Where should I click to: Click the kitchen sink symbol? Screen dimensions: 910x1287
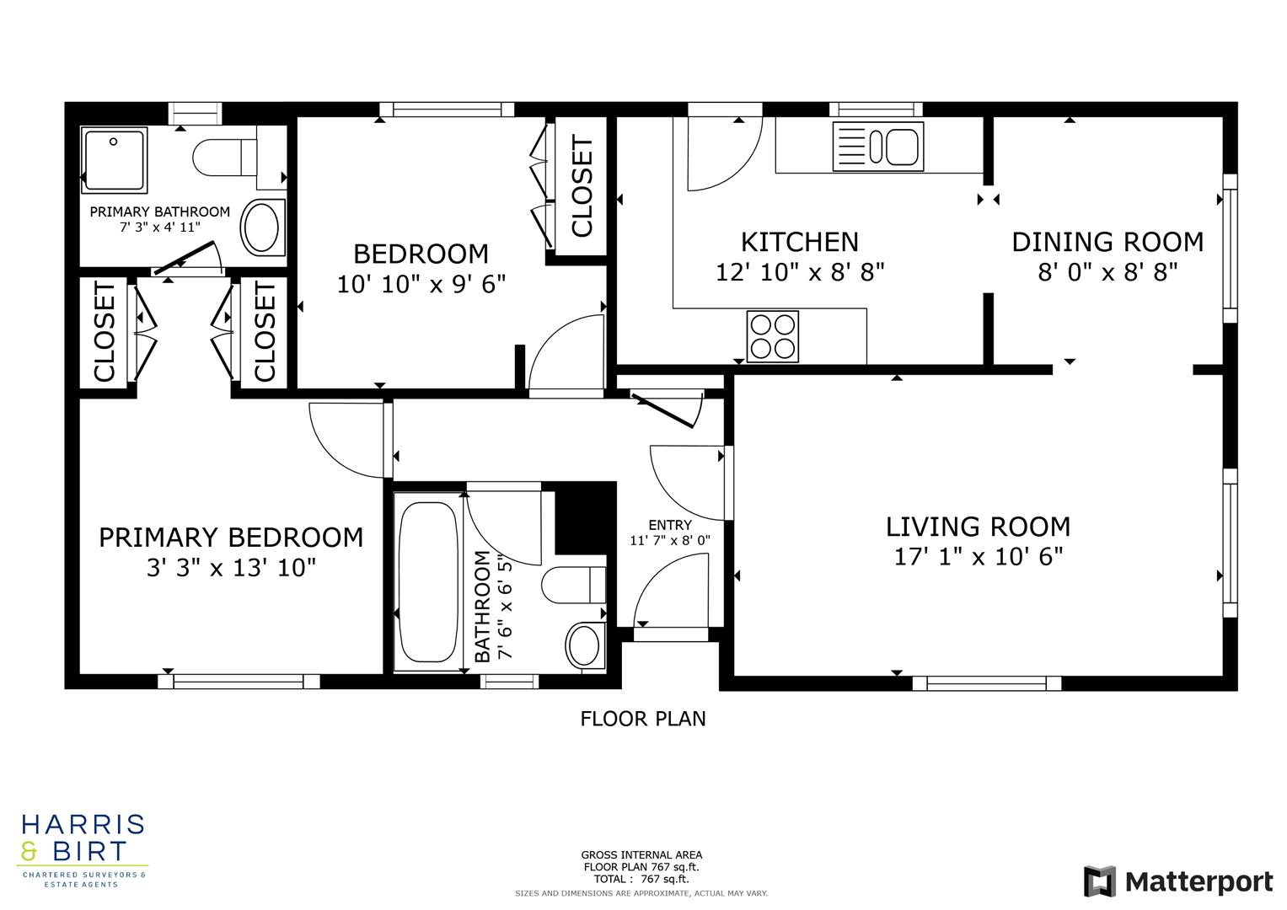point(877,146)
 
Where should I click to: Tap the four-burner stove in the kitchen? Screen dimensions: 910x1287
point(773,336)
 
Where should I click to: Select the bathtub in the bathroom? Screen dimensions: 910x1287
point(428,582)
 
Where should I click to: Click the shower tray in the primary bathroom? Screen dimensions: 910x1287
point(114,158)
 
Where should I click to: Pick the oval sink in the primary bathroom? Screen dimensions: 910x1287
point(263,228)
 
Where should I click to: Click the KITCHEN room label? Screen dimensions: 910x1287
point(799,243)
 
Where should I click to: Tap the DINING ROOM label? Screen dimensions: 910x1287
point(1107,243)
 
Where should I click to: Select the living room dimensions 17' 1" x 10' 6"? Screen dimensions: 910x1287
point(978,557)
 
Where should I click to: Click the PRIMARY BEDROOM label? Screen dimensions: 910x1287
point(231,538)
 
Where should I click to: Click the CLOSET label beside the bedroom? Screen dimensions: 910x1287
point(582,187)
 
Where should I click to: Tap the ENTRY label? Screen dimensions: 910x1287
point(669,525)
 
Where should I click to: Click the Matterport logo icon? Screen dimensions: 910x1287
point(1099,881)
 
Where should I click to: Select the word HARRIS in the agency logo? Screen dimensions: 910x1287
point(83,824)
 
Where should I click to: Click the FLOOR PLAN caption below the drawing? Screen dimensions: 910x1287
point(643,719)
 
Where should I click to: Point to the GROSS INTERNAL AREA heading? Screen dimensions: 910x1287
point(641,854)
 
